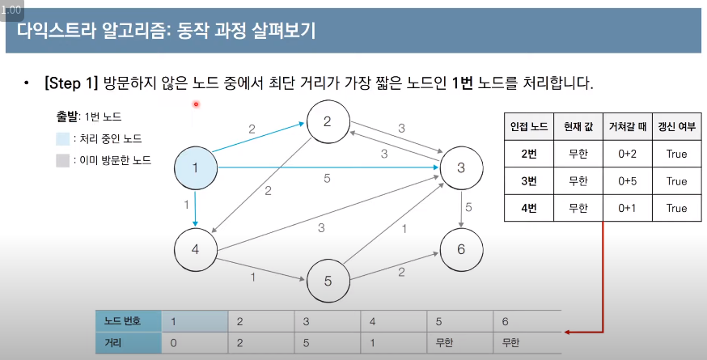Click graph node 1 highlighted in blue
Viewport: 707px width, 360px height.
point(197,168)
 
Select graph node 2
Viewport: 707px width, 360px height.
point(328,122)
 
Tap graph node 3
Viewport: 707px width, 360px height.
point(461,168)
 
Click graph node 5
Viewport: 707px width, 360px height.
point(328,282)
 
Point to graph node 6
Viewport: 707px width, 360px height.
point(461,248)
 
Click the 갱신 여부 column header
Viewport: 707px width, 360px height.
point(676,126)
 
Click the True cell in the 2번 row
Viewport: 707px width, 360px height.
point(676,153)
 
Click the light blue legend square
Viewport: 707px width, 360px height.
point(62,139)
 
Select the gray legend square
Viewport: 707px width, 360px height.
point(62,160)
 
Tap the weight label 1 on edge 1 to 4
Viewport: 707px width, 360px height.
point(187,205)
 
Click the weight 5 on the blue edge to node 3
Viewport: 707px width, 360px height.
point(327,178)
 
